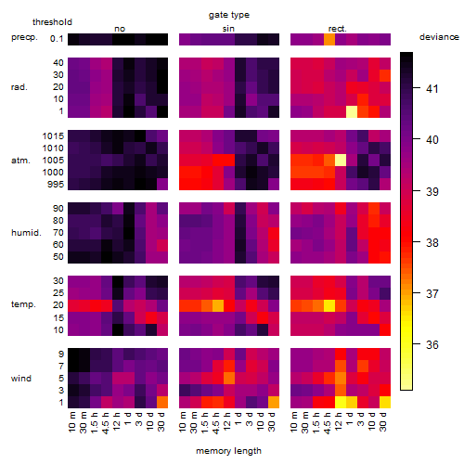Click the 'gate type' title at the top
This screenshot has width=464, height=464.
[229, 15]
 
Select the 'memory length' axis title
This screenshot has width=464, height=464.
[229, 451]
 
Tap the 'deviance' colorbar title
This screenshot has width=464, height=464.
[439, 37]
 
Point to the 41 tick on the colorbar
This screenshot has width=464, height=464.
[432, 89]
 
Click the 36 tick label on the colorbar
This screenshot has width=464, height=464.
[432, 344]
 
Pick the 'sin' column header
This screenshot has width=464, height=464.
[228, 29]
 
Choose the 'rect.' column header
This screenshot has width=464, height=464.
[338, 29]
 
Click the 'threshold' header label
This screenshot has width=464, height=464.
[52, 22]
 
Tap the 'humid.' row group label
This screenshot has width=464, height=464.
[26, 233]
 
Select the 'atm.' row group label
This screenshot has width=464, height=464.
[20, 161]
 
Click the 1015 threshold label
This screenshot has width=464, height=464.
[53, 136]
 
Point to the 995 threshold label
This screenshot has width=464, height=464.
[56, 185]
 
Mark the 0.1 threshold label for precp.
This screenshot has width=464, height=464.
[57, 39]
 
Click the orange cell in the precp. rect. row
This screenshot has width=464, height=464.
[329, 39]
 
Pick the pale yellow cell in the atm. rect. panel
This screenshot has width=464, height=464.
[341, 161]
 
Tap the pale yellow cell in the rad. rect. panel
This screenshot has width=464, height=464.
[352, 111]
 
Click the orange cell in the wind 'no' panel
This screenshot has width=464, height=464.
[162, 402]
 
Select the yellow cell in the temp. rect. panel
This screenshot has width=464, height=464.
[329, 305]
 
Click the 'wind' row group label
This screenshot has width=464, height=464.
[21, 379]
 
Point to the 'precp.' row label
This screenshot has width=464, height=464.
[24, 37]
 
